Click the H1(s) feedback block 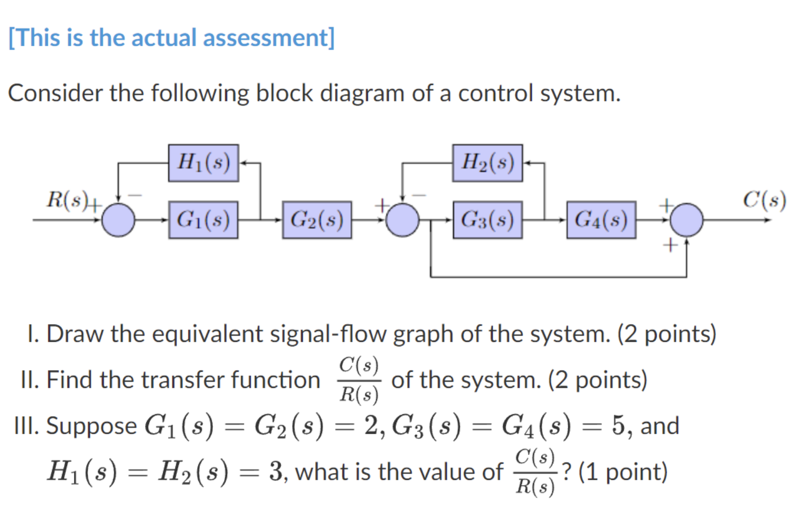pos(204,163)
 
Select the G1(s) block pos(203,219)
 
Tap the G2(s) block pos(317,219)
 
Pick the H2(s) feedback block pos(487,163)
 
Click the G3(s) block pos(487,219)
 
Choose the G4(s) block pos(601,219)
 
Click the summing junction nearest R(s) pos(118,219)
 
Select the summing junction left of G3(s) pos(402,219)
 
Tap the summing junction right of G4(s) pos(686,219)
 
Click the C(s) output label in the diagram pos(764,200)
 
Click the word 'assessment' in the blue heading pos(268,38)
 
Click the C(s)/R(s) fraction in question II pos(359,380)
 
